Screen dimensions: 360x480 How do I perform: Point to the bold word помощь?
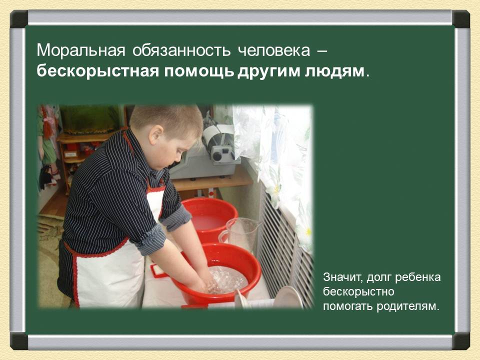coord(198,71)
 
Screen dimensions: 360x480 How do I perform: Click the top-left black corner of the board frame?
coord(18,19)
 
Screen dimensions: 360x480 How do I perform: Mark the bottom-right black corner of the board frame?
coord(460,341)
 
